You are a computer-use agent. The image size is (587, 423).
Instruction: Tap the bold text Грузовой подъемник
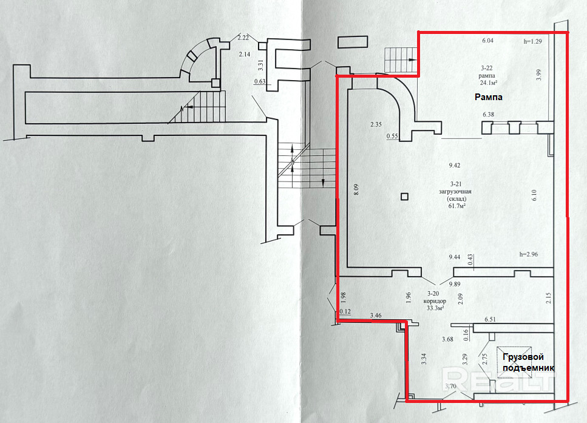(526, 362)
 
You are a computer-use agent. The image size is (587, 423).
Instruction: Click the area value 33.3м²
(435, 307)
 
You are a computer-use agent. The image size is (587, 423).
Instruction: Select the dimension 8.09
(356, 189)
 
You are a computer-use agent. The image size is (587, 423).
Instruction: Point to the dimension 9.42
(455, 165)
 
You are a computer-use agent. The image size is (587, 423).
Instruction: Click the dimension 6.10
(534, 195)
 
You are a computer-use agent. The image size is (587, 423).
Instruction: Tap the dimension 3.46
(376, 316)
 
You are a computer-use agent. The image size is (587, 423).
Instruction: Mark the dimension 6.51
(490, 319)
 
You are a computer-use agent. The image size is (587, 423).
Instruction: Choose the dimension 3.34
(424, 359)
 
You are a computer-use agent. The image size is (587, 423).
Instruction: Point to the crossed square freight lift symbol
(514, 364)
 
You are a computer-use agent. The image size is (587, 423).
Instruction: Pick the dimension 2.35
(376, 125)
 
